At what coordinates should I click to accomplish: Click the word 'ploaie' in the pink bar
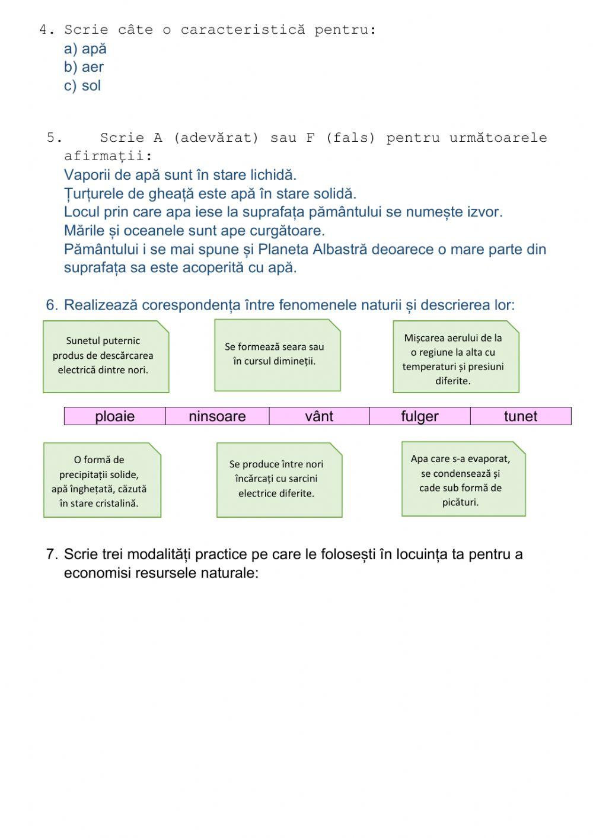point(114,416)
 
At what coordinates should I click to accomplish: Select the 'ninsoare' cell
point(217,416)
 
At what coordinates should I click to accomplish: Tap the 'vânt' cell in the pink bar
point(319,416)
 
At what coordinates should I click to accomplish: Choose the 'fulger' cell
point(420,416)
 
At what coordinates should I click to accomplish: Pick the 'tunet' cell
point(521,416)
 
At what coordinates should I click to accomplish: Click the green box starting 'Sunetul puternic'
point(106,356)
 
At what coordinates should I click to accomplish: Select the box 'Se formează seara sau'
point(277,355)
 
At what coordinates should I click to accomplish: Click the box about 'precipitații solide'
point(102,480)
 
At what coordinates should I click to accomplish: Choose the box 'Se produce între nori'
point(279,479)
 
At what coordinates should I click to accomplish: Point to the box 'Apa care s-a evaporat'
point(463,479)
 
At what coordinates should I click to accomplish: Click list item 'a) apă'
point(85,49)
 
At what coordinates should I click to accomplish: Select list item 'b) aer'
point(84,67)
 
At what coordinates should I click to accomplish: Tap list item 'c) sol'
point(82,85)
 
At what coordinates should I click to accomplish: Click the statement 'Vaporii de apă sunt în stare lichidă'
point(180,175)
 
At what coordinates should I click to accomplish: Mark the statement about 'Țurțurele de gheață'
point(210,193)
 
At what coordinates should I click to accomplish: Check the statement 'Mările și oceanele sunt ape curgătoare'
point(194,230)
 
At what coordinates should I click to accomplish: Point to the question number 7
point(51,555)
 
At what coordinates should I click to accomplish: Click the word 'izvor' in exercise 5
point(484,212)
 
